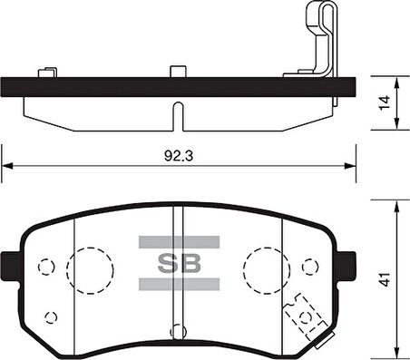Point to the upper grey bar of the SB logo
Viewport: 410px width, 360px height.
pos(179,242)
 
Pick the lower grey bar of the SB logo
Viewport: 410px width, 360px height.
pos(179,285)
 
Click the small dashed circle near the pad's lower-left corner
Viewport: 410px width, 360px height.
pos(52,316)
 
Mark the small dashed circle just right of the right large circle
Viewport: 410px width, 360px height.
pos(314,267)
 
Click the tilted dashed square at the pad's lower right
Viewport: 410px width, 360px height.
pos(305,317)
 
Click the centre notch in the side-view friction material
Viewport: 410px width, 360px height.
pos(180,114)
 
